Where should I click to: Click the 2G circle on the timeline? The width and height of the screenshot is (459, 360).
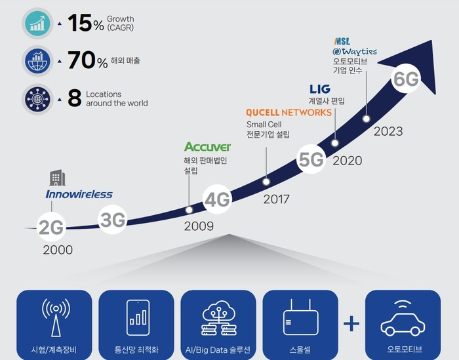click(51, 227)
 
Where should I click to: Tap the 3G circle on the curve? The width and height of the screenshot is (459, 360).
click(112, 220)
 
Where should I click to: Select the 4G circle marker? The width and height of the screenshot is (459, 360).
click(217, 199)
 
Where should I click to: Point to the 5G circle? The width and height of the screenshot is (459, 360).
click(311, 159)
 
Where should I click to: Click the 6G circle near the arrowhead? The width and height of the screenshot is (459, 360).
click(406, 79)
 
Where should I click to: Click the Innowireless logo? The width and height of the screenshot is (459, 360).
click(79, 194)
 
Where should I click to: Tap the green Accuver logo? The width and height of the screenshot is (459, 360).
click(208, 147)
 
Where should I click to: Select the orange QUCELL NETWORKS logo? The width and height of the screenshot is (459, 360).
click(289, 112)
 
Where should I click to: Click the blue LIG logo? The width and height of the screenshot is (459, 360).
click(320, 89)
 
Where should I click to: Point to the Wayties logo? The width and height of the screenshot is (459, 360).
click(355, 52)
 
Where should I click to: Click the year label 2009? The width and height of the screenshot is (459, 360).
click(199, 226)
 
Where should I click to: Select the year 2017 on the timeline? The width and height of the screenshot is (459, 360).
click(276, 199)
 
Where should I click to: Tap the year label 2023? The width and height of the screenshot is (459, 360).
click(388, 131)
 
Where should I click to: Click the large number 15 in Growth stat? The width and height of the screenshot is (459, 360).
click(80, 22)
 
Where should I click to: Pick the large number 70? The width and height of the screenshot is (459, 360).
click(82, 60)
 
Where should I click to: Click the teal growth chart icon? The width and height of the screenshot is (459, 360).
click(37, 24)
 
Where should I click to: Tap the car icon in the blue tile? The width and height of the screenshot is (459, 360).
click(403, 318)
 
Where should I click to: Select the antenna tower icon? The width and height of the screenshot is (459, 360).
click(56, 317)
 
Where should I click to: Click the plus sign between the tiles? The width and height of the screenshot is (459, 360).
click(351, 324)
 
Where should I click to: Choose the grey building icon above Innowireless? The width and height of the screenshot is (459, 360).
click(58, 178)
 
